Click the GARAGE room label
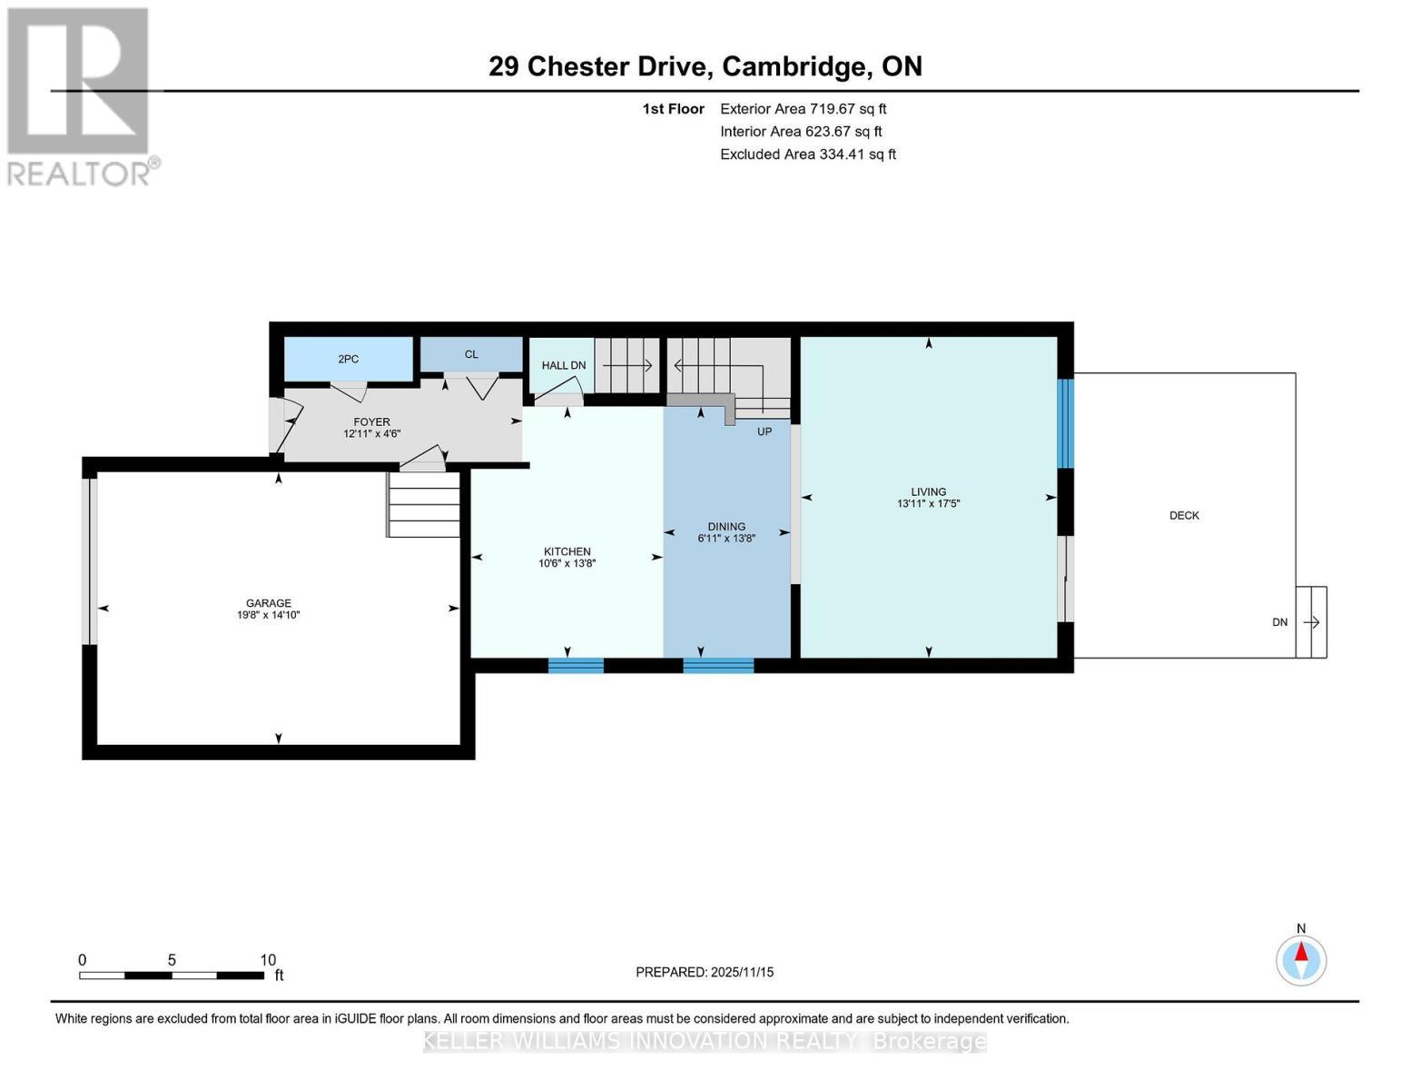[268, 603]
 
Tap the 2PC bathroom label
[348, 359]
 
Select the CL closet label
[471, 354]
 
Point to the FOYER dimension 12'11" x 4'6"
[371, 434]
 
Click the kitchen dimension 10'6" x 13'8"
[567, 563]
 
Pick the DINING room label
[726, 526]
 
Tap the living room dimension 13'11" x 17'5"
[928, 503]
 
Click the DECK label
[1184, 515]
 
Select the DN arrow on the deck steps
[1311, 622]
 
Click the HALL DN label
[564, 365]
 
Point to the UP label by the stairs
[764, 431]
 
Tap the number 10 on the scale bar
[268, 960]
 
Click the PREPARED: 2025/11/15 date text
[705, 972]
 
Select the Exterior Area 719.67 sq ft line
[803, 109]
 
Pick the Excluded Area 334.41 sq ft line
[807, 154]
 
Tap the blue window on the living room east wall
[1066, 423]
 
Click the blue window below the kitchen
[576, 665]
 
